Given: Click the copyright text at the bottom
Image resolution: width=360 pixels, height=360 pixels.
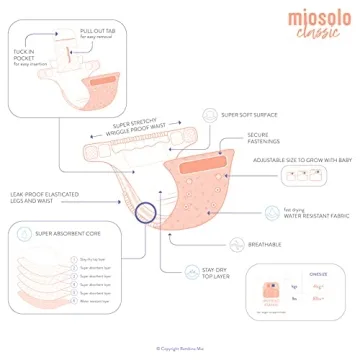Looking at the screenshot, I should pyautogui.click(x=180, y=348).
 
